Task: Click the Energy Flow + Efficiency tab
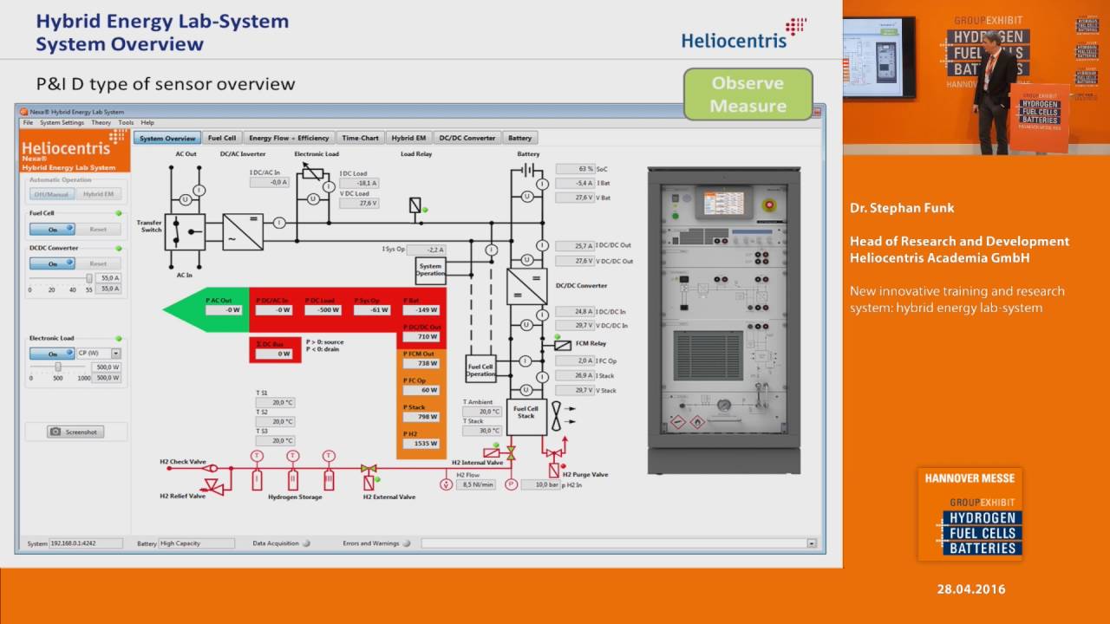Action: point(289,138)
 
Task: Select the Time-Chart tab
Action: point(360,138)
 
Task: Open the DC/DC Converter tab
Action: point(467,138)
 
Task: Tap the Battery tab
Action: point(519,138)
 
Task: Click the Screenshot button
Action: point(75,432)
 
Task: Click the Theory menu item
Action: point(101,123)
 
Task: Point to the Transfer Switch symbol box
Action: point(185,232)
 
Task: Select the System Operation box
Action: point(430,269)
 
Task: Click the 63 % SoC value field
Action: point(574,169)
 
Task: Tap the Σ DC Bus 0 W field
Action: point(273,354)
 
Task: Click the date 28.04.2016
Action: point(970,589)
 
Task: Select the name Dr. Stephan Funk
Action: point(902,208)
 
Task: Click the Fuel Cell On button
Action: point(52,230)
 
